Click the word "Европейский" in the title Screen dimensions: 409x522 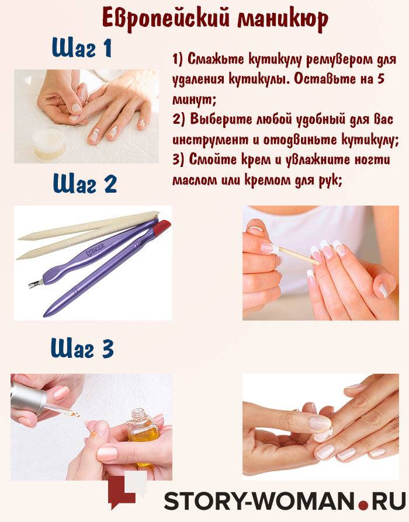166,18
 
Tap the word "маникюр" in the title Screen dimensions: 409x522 283,19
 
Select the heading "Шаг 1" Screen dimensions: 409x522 82,48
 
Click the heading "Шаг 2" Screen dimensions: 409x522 85,183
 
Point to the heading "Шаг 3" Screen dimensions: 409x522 82,348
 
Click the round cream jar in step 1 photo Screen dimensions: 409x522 50,144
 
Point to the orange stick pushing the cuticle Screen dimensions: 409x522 298,255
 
